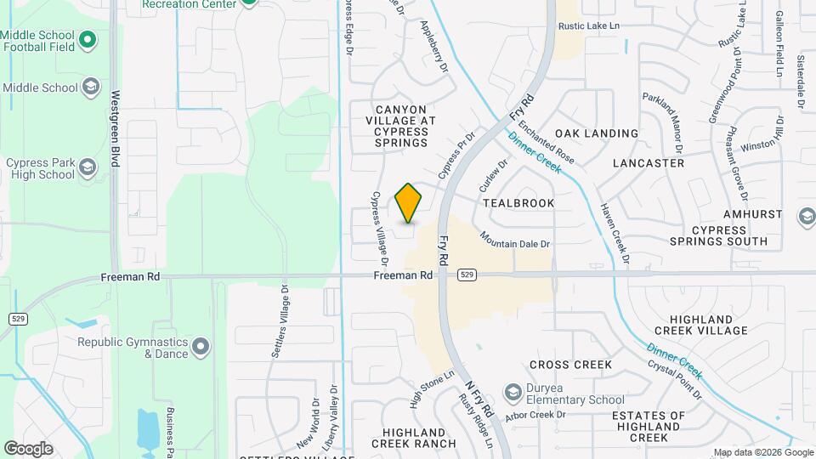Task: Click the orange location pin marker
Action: point(409,203)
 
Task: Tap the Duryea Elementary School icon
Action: point(513,392)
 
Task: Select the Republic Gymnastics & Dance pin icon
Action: point(201,346)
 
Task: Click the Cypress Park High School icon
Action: point(88,168)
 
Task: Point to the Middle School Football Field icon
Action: point(88,40)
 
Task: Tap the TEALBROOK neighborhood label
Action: point(518,203)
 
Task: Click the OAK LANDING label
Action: point(597,133)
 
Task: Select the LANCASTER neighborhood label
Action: point(648,162)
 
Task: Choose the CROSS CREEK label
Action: point(570,365)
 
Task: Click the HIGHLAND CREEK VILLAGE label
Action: point(701,323)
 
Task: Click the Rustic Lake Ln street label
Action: point(589,26)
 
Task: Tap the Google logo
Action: point(28,448)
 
